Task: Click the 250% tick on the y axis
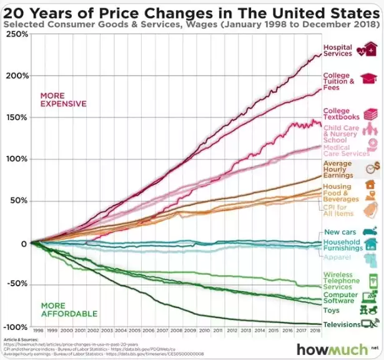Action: (17, 33)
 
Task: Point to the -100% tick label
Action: (16, 327)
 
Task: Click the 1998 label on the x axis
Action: (38, 329)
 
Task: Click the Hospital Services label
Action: (337, 51)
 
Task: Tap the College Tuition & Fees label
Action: (338, 81)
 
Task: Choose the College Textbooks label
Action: (340, 114)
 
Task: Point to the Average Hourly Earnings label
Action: (337, 169)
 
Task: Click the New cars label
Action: (340, 232)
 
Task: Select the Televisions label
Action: (342, 324)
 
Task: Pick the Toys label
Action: (331, 310)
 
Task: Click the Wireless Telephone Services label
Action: (338, 280)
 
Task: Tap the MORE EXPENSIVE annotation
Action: (63, 99)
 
